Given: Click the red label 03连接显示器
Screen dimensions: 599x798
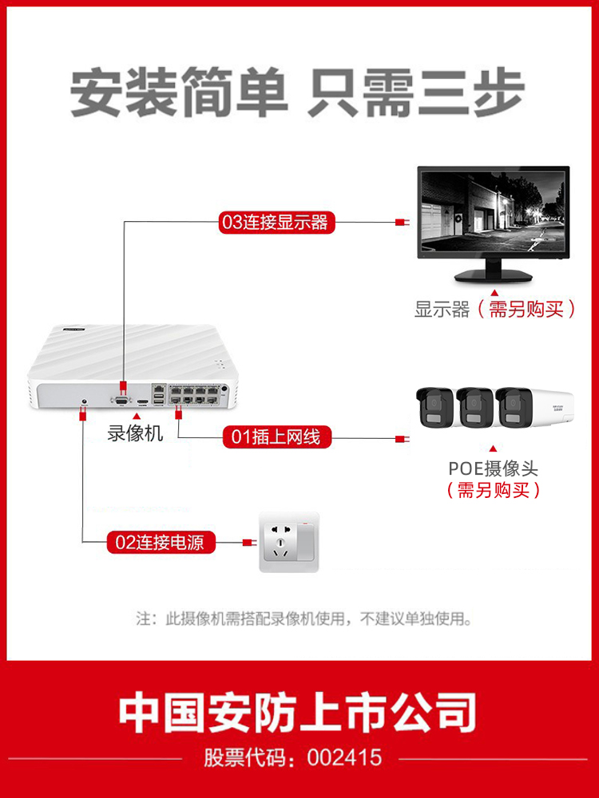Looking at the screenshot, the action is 276,222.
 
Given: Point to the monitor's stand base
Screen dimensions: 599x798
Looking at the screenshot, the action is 494,276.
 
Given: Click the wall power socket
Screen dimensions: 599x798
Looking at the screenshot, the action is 288,543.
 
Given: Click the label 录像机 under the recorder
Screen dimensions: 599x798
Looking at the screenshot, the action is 135,434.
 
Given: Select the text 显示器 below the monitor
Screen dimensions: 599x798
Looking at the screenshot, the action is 442,310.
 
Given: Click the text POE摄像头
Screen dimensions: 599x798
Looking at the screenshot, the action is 493,468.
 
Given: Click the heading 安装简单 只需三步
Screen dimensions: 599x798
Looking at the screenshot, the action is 297,93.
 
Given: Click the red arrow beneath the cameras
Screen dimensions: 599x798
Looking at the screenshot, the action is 494,449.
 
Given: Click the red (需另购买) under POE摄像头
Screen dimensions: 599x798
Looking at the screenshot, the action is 494,490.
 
